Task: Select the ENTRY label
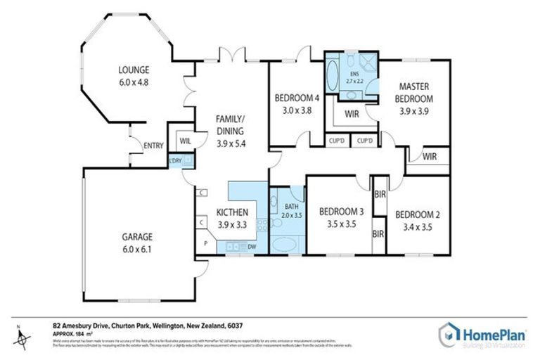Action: [x=153, y=146]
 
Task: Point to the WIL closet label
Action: [x=185, y=141]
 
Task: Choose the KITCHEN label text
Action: [x=231, y=212]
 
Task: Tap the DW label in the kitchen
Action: [x=252, y=247]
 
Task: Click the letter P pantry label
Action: [x=205, y=244]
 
